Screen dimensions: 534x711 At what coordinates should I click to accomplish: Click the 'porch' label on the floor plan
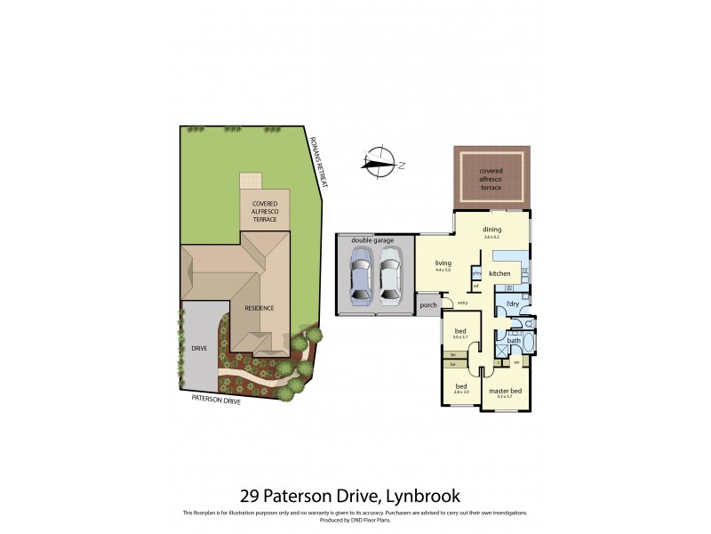point(428,305)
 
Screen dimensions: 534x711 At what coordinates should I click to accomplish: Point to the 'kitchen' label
point(499,272)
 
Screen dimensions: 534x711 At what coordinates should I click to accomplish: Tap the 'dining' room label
point(492,230)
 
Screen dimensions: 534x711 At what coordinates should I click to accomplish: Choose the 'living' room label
point(443,263)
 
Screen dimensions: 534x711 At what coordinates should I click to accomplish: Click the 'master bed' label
point(505,391)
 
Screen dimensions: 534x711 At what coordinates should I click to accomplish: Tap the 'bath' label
point(514,340)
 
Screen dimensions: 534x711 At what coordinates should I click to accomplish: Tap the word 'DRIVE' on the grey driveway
point(199,348)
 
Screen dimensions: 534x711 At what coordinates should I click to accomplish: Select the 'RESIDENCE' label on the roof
point(260,308)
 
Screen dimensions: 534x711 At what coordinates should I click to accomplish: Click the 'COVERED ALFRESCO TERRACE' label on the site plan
point(265,211)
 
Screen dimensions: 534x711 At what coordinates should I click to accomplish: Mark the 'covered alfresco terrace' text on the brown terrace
point(491,179)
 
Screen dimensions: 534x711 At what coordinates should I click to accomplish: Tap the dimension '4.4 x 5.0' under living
point(443,270)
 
